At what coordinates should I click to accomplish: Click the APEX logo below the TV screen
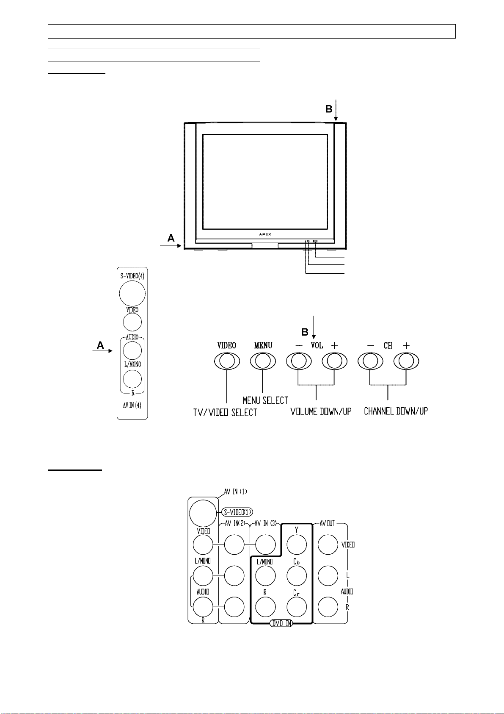[265, 234]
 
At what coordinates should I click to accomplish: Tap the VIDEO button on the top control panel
[227, 361]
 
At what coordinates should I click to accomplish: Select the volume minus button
[299, 361]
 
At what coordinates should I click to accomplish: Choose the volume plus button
[334, 361]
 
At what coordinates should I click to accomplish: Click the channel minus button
[370, 361]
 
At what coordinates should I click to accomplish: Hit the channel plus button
[406, 361]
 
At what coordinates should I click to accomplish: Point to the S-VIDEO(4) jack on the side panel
[132, 293]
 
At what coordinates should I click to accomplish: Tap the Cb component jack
[296, 576]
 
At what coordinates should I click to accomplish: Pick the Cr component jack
[296, 607]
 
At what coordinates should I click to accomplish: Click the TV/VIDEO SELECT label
[225, 412]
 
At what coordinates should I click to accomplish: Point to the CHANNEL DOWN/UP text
[396, 411]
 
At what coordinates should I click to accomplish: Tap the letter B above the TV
[329, 109]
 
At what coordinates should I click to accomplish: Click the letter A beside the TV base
[171, 238]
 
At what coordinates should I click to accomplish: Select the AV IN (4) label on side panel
[132, 405]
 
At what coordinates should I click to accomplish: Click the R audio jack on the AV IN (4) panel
[132, 379]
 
